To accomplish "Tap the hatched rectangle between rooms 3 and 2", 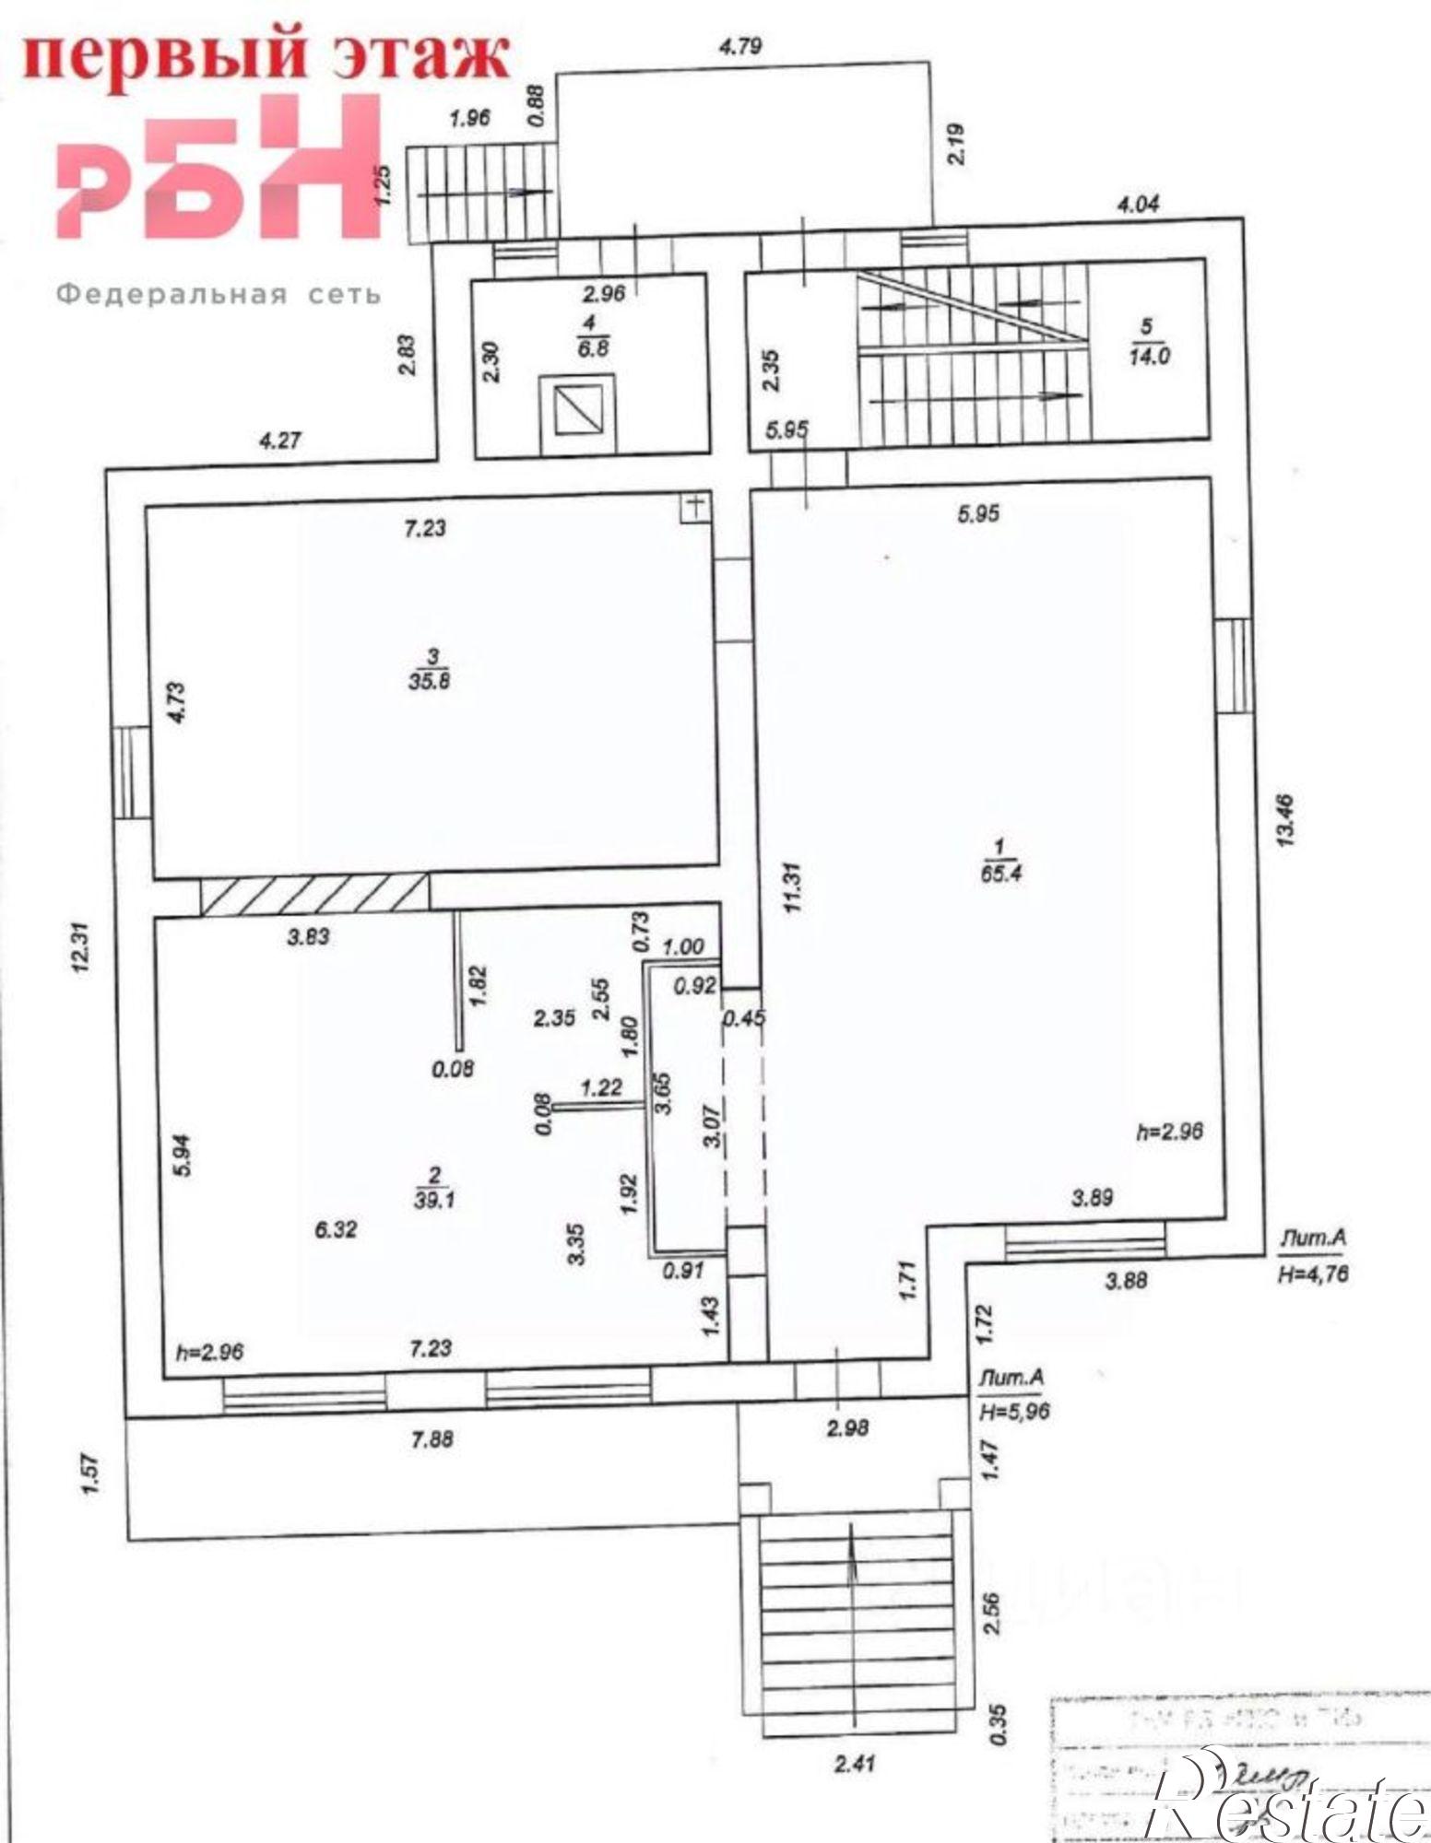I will [x=315, y=895].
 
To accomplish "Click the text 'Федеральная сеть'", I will [x=219, y=295].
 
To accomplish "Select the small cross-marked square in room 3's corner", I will [x=696, y=505].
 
